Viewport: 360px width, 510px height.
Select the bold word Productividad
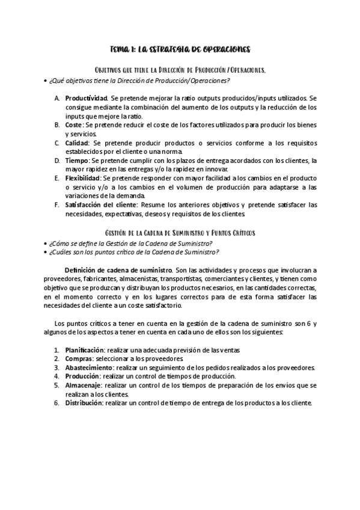[x=86, y=98]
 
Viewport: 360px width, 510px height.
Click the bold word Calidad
[x=78, y=143]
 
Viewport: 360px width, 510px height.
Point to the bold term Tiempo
[x=76, y=161]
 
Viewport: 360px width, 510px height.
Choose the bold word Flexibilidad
[x=83, y=179]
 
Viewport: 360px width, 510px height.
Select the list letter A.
[x=56, y=98]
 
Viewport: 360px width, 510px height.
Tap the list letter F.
[x=56, y=205]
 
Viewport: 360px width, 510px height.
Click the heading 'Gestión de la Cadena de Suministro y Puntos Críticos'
[x=180, y=233]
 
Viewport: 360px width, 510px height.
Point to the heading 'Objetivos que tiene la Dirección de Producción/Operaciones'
[x=180, y=70]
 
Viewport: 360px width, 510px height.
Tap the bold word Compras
[x=78, y=358]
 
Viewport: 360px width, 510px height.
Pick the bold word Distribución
[x=84, y=403]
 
